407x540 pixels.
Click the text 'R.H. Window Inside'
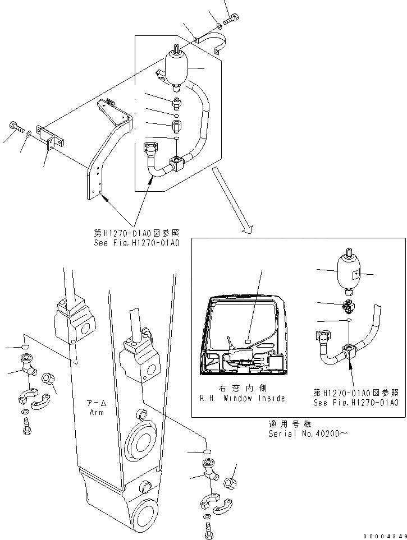click(243, 398)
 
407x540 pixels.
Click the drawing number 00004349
click(384, 535)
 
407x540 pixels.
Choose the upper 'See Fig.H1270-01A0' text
click(136, 243)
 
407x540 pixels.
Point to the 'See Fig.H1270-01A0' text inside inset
click(356, 403)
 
